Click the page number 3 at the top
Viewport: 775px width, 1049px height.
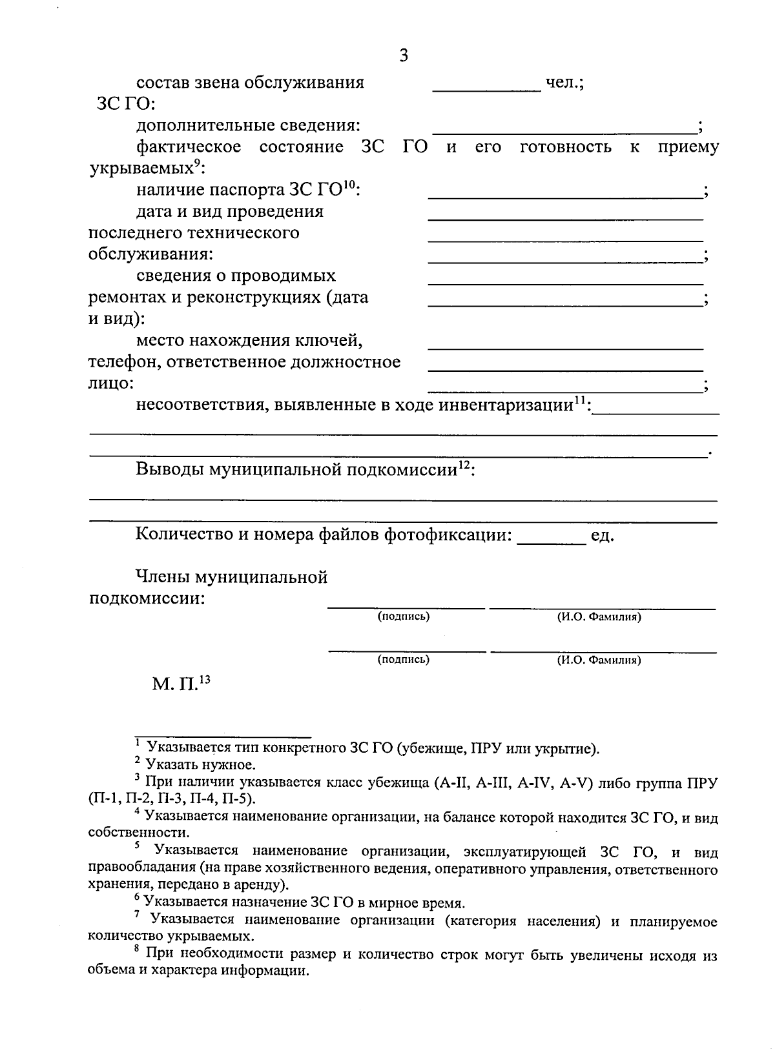click(404, 56)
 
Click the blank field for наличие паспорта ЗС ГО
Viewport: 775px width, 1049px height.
click(565, 195)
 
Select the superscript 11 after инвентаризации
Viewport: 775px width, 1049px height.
click(581, 400)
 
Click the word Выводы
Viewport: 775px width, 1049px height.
click(169, 469)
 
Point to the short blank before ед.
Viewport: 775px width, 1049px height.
click(552, 544)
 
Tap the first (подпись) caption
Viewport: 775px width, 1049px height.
click(404, 616)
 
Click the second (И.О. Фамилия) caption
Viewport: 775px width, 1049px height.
click(599, 660)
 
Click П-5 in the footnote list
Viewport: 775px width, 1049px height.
click(240, 800)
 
